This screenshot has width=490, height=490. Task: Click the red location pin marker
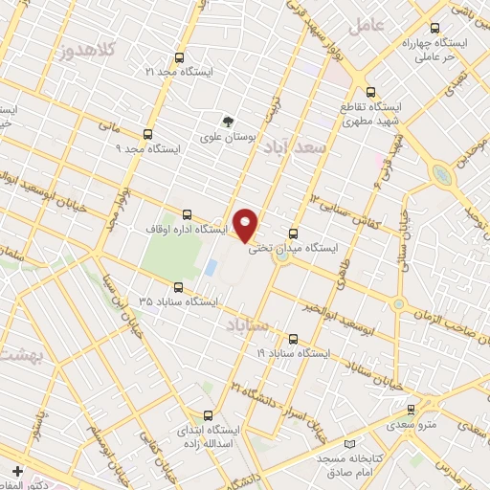coord(246,225)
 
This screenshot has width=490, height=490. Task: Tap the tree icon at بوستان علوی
coord(228,122)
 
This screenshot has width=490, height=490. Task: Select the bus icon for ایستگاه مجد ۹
coord(147,134)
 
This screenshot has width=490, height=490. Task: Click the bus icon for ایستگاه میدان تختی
coord(293,233)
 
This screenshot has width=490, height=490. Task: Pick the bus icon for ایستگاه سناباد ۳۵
coord(178,287)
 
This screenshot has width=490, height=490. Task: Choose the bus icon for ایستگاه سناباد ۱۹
coord(293,338)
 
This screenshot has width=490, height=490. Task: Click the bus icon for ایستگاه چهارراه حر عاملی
coord(435,28)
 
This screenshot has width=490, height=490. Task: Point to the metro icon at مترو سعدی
coord(411,409)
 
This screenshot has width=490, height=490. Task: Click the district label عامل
coord(365,26)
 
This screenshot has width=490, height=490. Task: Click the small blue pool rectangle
coord(211,267)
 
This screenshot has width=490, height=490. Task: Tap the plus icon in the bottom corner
coord(17,471)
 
